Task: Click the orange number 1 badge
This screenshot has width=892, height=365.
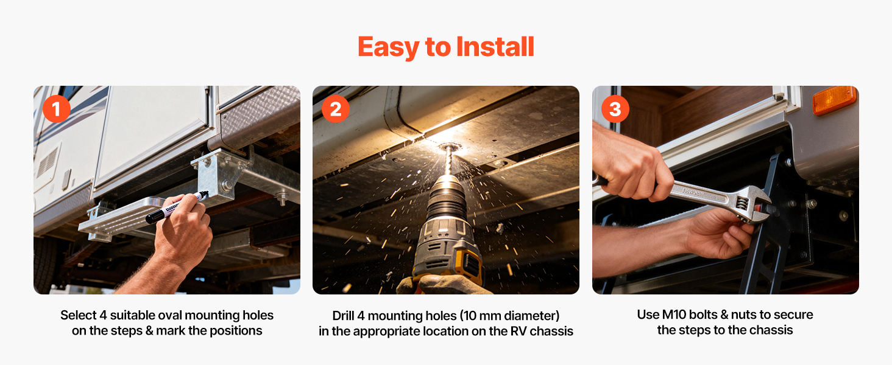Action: tap(57, 108)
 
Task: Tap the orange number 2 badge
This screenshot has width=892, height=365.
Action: tap(336, 108)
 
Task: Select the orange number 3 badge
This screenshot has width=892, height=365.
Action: tap(615, 108)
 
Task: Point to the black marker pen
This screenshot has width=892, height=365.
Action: tap(177, 207)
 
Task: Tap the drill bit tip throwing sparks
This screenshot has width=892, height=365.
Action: tap(449, 148)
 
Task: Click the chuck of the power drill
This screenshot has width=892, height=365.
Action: tap(447, 199)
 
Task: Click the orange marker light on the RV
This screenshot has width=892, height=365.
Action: tap(834, 100)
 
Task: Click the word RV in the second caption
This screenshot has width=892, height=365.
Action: tap(519, 331)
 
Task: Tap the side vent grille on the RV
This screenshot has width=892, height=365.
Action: tap(48, 161)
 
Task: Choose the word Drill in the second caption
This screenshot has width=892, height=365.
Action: tap(343, 316)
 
